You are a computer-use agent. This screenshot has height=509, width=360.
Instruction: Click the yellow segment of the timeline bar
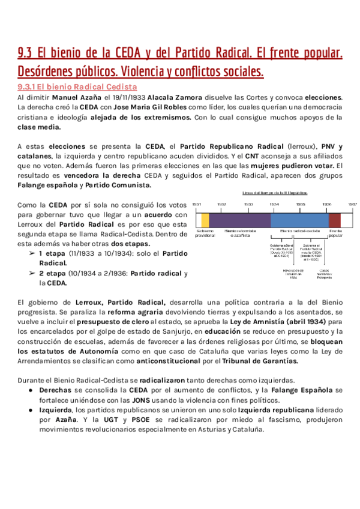tap(206, 220)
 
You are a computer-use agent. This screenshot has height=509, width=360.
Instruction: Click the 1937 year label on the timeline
tap(352, 205)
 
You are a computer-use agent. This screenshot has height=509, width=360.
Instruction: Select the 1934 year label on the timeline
tap(274, 205)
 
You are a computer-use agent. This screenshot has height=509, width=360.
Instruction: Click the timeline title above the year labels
tap(274, 193)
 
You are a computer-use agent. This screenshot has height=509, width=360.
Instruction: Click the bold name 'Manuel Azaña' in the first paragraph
tap(76, 97)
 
